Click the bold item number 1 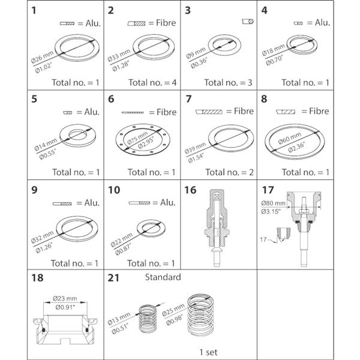[x=36, y=10]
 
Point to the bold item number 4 [x=265, y=10]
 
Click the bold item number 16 [x=190, y=190]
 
